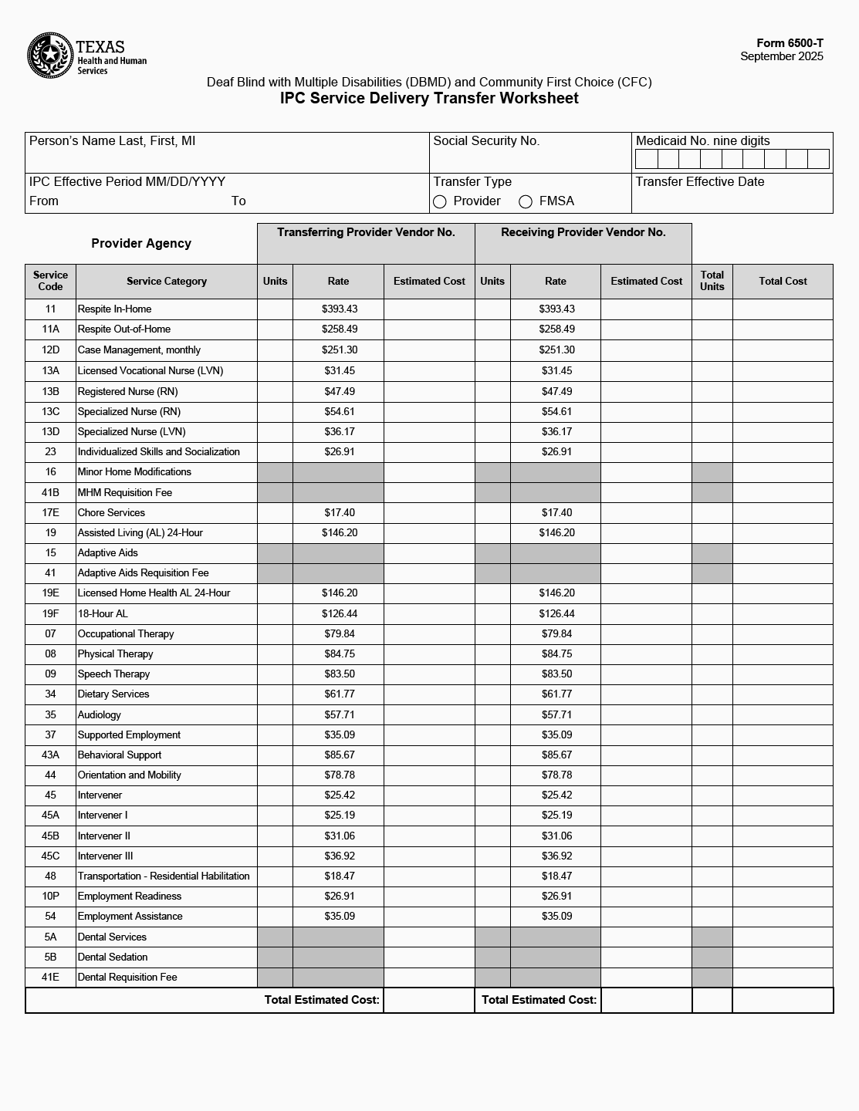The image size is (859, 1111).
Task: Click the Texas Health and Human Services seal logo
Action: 50,56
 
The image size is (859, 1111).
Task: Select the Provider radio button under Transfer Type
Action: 440,202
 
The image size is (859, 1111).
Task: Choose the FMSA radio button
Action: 526,202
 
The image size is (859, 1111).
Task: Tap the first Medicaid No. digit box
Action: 646,159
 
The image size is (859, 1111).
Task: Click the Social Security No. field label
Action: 486,141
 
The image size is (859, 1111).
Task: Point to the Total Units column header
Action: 712,281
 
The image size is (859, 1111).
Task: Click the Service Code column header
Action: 50,281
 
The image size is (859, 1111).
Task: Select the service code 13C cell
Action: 50,412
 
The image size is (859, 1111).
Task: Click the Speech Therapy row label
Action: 113,674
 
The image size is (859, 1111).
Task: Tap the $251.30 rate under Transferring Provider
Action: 339,350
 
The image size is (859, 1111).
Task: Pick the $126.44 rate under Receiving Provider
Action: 556,614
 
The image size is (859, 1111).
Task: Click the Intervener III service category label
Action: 106,856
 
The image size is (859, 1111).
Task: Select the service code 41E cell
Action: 50,978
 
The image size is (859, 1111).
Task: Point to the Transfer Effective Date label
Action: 700,182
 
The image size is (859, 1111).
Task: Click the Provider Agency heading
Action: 141,244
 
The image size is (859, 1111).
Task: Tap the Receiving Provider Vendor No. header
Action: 583,232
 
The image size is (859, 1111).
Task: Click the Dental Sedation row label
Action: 113,957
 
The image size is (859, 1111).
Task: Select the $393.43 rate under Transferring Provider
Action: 339,309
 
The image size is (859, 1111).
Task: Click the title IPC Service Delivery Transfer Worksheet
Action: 429,98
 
